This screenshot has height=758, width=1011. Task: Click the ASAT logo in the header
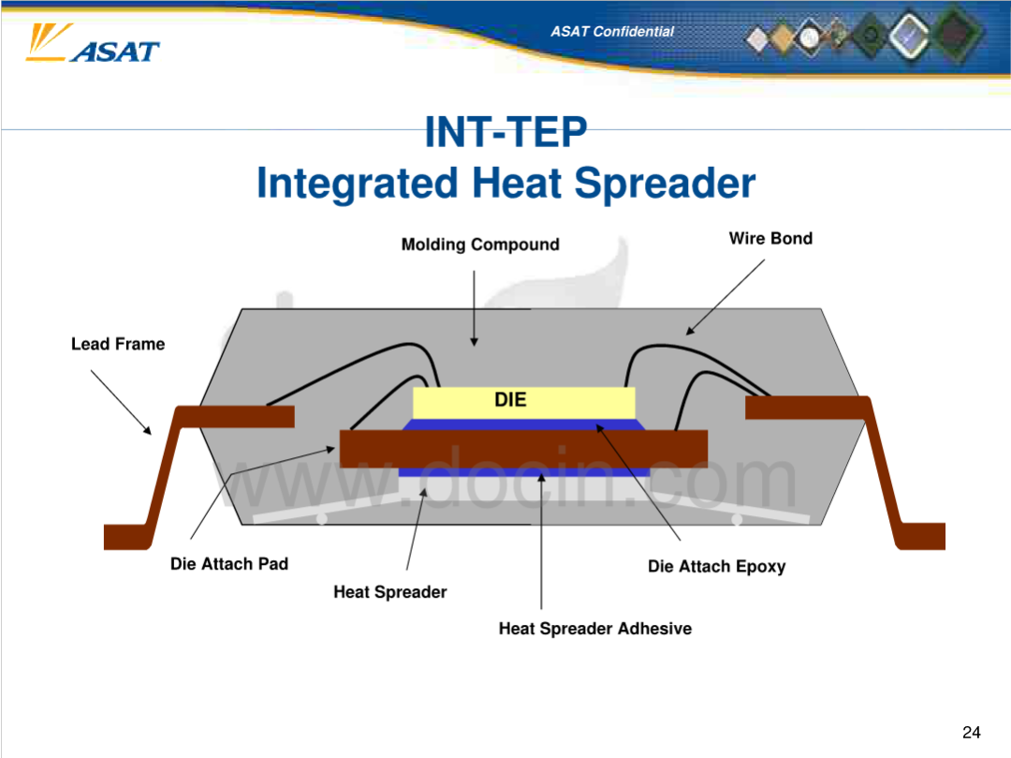[x=93, y=44]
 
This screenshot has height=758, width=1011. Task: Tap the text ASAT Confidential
[x=612, y=32]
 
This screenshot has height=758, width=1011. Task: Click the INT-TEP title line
[x=506, y=132]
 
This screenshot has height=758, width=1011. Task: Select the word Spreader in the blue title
[x=665, y=184]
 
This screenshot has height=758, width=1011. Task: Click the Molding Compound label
[x=480, y=245]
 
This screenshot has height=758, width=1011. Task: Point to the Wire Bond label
[x=770, y=238]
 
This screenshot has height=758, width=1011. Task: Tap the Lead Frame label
[x=118, y=344]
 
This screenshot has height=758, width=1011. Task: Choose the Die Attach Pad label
[x=229, y=564]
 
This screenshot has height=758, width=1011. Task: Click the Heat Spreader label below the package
[x=390, y=592]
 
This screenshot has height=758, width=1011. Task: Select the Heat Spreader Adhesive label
[x=595, y=629]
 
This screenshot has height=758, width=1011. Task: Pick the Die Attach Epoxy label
[x=716, y=567]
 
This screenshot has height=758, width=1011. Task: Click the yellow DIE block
[x=523, y=403]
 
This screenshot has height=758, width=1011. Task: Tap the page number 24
[x=971, y=732]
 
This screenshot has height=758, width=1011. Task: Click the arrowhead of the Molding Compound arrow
[x=474, y=342]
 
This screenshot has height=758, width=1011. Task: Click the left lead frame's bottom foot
[x=127, y=537]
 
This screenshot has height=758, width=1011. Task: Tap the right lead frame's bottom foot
[x=921, y=536]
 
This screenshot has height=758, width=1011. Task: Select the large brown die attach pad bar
[x=523, y=449]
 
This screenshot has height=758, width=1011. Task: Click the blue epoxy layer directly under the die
[x=523, y=424]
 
